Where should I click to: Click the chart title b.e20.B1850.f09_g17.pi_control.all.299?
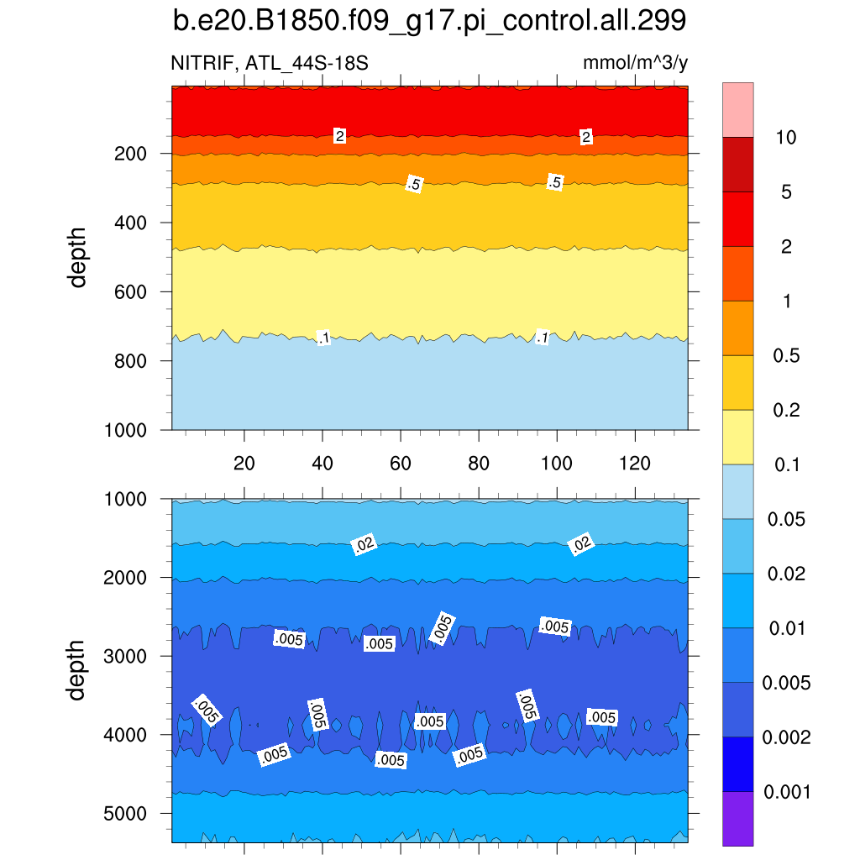click(429, 21)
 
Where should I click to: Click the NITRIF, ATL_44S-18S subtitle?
click(270, 63)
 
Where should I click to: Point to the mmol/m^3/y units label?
click(636, 63)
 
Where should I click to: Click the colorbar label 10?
click(786, 138)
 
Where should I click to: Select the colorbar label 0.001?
click(786, 792)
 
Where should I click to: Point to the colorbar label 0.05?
click(786, 520)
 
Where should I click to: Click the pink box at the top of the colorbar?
click(737, 109)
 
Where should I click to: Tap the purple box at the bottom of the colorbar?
click(737, 818)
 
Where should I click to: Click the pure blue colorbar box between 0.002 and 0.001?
click(737, 763)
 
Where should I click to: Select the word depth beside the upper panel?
click(78, 258)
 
